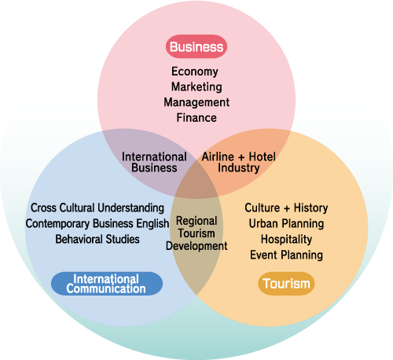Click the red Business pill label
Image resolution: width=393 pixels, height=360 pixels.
196,46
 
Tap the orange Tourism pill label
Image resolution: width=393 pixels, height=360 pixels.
286,284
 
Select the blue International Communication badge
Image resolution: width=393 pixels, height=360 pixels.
107,284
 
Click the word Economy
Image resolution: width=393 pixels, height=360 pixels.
195,72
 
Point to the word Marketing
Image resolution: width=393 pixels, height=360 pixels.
196,87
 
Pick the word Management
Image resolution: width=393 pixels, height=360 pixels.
196,102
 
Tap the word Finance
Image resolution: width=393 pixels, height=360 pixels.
196,118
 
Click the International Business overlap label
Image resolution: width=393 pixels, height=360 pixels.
154,162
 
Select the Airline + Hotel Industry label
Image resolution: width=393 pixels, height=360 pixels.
239,162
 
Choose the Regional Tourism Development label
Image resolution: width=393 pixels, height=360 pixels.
196,233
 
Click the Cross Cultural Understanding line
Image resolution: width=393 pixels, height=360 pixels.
97,208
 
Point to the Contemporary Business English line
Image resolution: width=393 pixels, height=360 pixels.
97,223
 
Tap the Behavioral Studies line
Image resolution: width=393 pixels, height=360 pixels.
97,239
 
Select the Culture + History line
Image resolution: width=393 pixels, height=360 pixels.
286,208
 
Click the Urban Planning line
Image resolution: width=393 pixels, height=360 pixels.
286,224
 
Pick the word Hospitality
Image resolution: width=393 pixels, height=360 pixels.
286,240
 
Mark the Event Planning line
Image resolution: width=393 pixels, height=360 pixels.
286,255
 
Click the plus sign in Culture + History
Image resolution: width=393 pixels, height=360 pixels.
287,208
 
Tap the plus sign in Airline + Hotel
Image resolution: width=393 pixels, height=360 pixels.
241,157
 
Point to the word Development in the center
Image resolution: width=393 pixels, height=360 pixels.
196,246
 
